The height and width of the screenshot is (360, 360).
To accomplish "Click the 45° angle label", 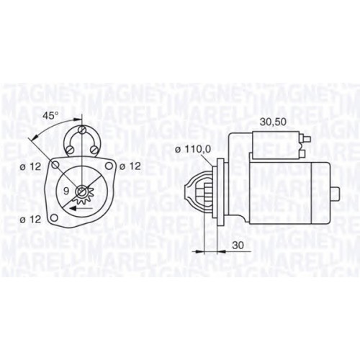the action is [50, 116].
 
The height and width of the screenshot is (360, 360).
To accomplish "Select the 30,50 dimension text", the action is [273, 122].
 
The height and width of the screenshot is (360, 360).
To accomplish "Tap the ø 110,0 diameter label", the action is [193, 149].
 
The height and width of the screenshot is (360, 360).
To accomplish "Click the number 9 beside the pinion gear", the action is [66, 191].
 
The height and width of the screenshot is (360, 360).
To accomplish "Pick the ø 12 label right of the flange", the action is [130, 166].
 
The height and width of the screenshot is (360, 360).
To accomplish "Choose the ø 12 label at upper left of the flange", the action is [30, 166].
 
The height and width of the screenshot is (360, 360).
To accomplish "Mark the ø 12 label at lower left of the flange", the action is [30, 220].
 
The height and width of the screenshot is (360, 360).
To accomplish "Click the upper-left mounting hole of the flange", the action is [55, 165].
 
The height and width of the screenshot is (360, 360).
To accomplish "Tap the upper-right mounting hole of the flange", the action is [109, 166].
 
